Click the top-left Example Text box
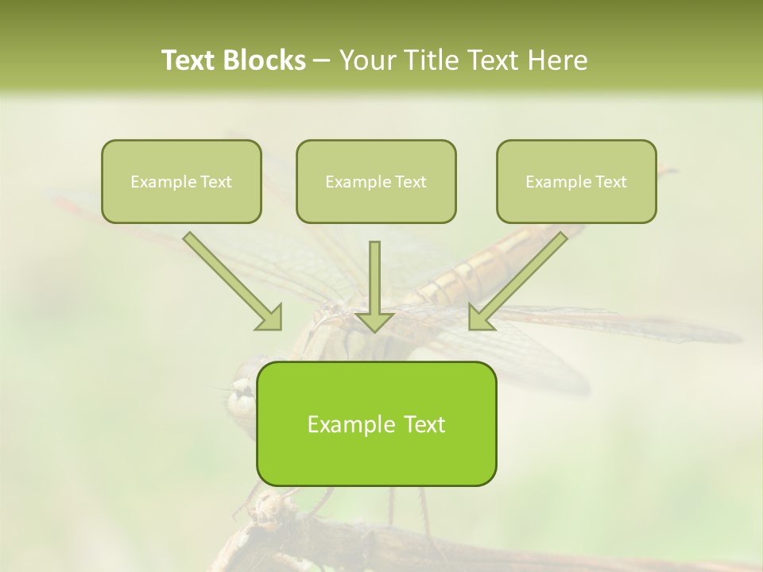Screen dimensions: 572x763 click(181, 181)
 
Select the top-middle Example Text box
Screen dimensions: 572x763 click(376, 181)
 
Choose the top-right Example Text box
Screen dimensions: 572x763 click(576, 181)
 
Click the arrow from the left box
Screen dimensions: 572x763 click(230, 278)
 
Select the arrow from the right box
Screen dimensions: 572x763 click(521, 278)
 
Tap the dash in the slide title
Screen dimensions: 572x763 click(322, 60)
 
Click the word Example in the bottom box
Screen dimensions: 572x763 click(348, 424)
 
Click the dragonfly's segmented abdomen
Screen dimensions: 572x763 click(477, 270)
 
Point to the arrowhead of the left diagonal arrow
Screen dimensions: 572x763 click(271, 318)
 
